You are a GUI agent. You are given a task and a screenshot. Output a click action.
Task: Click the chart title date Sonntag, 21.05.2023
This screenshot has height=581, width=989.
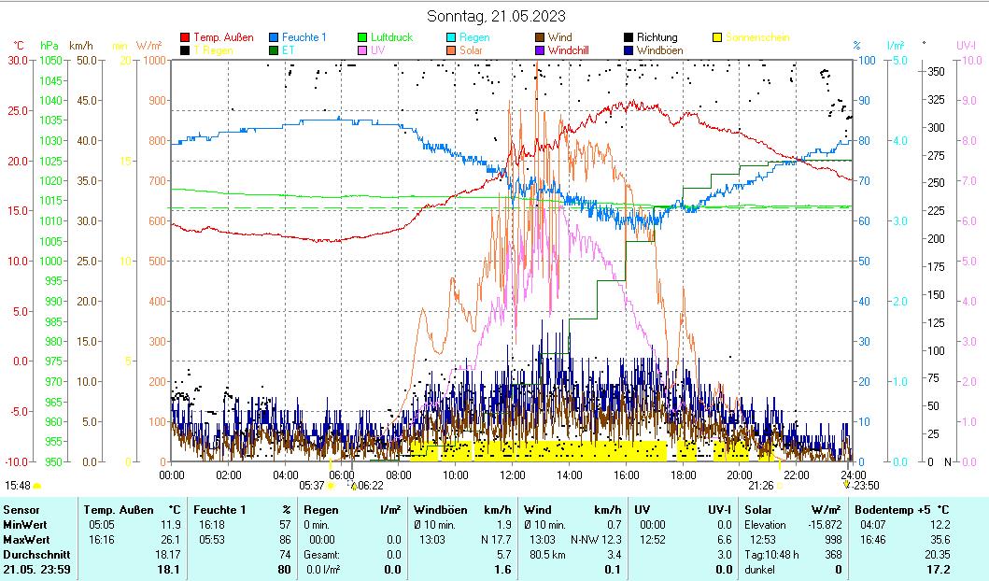pyautogui.click(x=495, y=16)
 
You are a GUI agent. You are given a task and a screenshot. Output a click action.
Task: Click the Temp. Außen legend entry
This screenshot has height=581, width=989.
pyautogui.click(x=222, y=37)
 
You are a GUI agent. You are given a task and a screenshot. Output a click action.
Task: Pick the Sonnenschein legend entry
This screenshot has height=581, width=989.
pyautogui.click(x=756, y=37)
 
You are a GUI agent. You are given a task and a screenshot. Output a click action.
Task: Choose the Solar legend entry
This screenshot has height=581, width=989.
pyautogui.click(x=472, y=50)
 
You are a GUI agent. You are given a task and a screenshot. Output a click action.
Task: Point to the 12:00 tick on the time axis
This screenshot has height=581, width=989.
pyautogui.click(x=512, y=475)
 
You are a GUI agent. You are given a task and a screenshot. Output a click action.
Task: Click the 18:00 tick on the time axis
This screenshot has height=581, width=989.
pyautogui.click(x=683, y=475)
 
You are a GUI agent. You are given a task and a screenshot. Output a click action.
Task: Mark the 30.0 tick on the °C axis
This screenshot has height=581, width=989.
pyautogui.click(x=18, y=61)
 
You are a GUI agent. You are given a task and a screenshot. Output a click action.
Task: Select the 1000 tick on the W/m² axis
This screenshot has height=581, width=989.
pyautogui.click(x=153, y=61)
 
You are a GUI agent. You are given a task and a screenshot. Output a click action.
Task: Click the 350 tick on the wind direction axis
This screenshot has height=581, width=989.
pyautogui.click(x=935, y=72)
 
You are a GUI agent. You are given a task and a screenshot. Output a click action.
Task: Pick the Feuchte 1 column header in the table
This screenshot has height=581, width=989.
pyautogui.click(x=220, y=509)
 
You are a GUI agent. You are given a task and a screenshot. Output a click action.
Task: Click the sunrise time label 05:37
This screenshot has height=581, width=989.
pyautogui.click(x=311, y=485)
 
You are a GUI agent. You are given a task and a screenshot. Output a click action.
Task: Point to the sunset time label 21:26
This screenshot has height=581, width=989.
pyautogui.click(x=760, y=485)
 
